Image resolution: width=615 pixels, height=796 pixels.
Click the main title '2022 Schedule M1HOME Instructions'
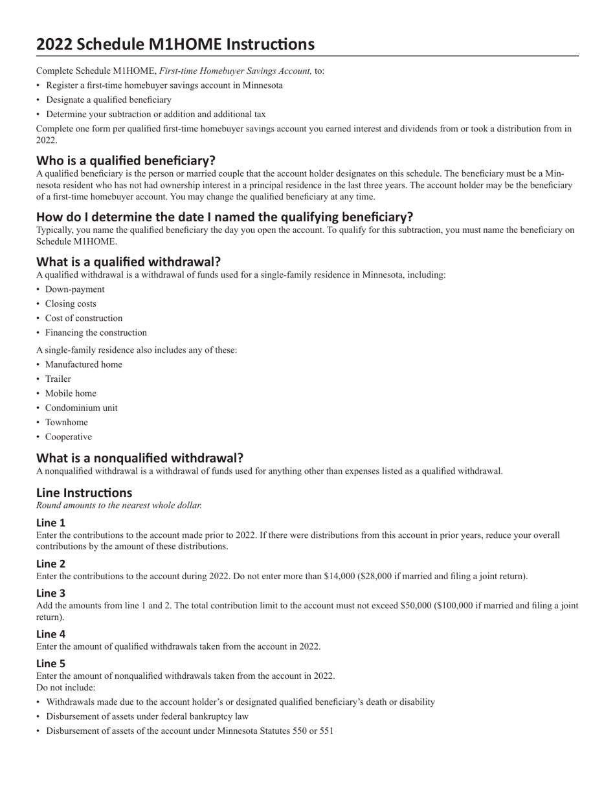(x=175, y=44)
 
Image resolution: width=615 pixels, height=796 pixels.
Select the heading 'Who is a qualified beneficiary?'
(x=126, y=160)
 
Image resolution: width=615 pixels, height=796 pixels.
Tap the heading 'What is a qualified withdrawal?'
(x=128, y=261)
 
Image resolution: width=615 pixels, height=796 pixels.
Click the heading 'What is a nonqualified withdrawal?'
(x=140, y=458)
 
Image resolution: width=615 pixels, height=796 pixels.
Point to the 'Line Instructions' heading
(x=84, y=492)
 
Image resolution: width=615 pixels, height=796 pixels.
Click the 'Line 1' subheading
(x=50, y=522)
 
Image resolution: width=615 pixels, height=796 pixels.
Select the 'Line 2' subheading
(x=50, y=564)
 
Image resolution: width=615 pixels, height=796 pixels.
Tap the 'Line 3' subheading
(x=50, y=593)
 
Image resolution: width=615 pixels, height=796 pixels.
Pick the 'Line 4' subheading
(x=50, y=634)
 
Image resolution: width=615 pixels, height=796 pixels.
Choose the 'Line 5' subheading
(x=50, y=663)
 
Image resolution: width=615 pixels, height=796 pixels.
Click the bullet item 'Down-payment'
(x=74, y=289)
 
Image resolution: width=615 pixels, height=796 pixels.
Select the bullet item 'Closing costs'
(x=71, y=304)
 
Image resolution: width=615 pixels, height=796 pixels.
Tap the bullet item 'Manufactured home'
(x=84, y=364)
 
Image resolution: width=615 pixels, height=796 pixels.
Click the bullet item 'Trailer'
(x=58, y=379)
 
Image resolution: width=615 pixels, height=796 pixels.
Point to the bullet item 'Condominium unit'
(x=82, y=408)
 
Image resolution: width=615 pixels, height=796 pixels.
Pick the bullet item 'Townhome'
(x=67, y=422)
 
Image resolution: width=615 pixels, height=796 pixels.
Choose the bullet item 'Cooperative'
(x=69, y=437)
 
